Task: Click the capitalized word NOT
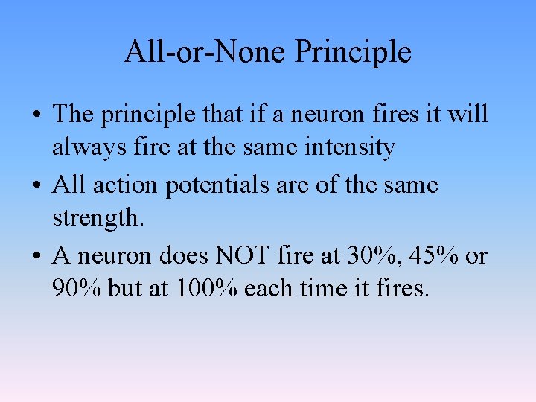coord(243,255)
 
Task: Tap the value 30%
coord(364,255)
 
